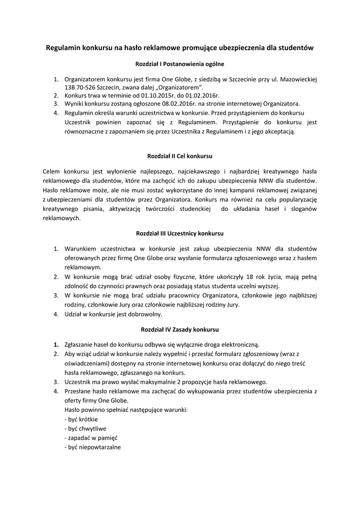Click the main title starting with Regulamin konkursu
pyautogui.click(x=180, y=48)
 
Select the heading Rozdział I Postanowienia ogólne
pyautogui.click(x=180, y=64)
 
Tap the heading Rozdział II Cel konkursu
pyautogui.click(x=180, y=156)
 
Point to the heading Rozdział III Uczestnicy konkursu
pyautogui.click(x=180, y=233)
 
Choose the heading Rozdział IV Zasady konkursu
pyautogui.click(x=180, y=329)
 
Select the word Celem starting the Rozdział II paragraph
pyautogui.click(x=53, y=171)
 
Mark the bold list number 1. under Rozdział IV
pyautogui.click(x=56, y=345)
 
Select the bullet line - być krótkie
pyautogui.click(x=81, y=419)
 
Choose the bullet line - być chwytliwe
pyautogui.click(x=85, y=428)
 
